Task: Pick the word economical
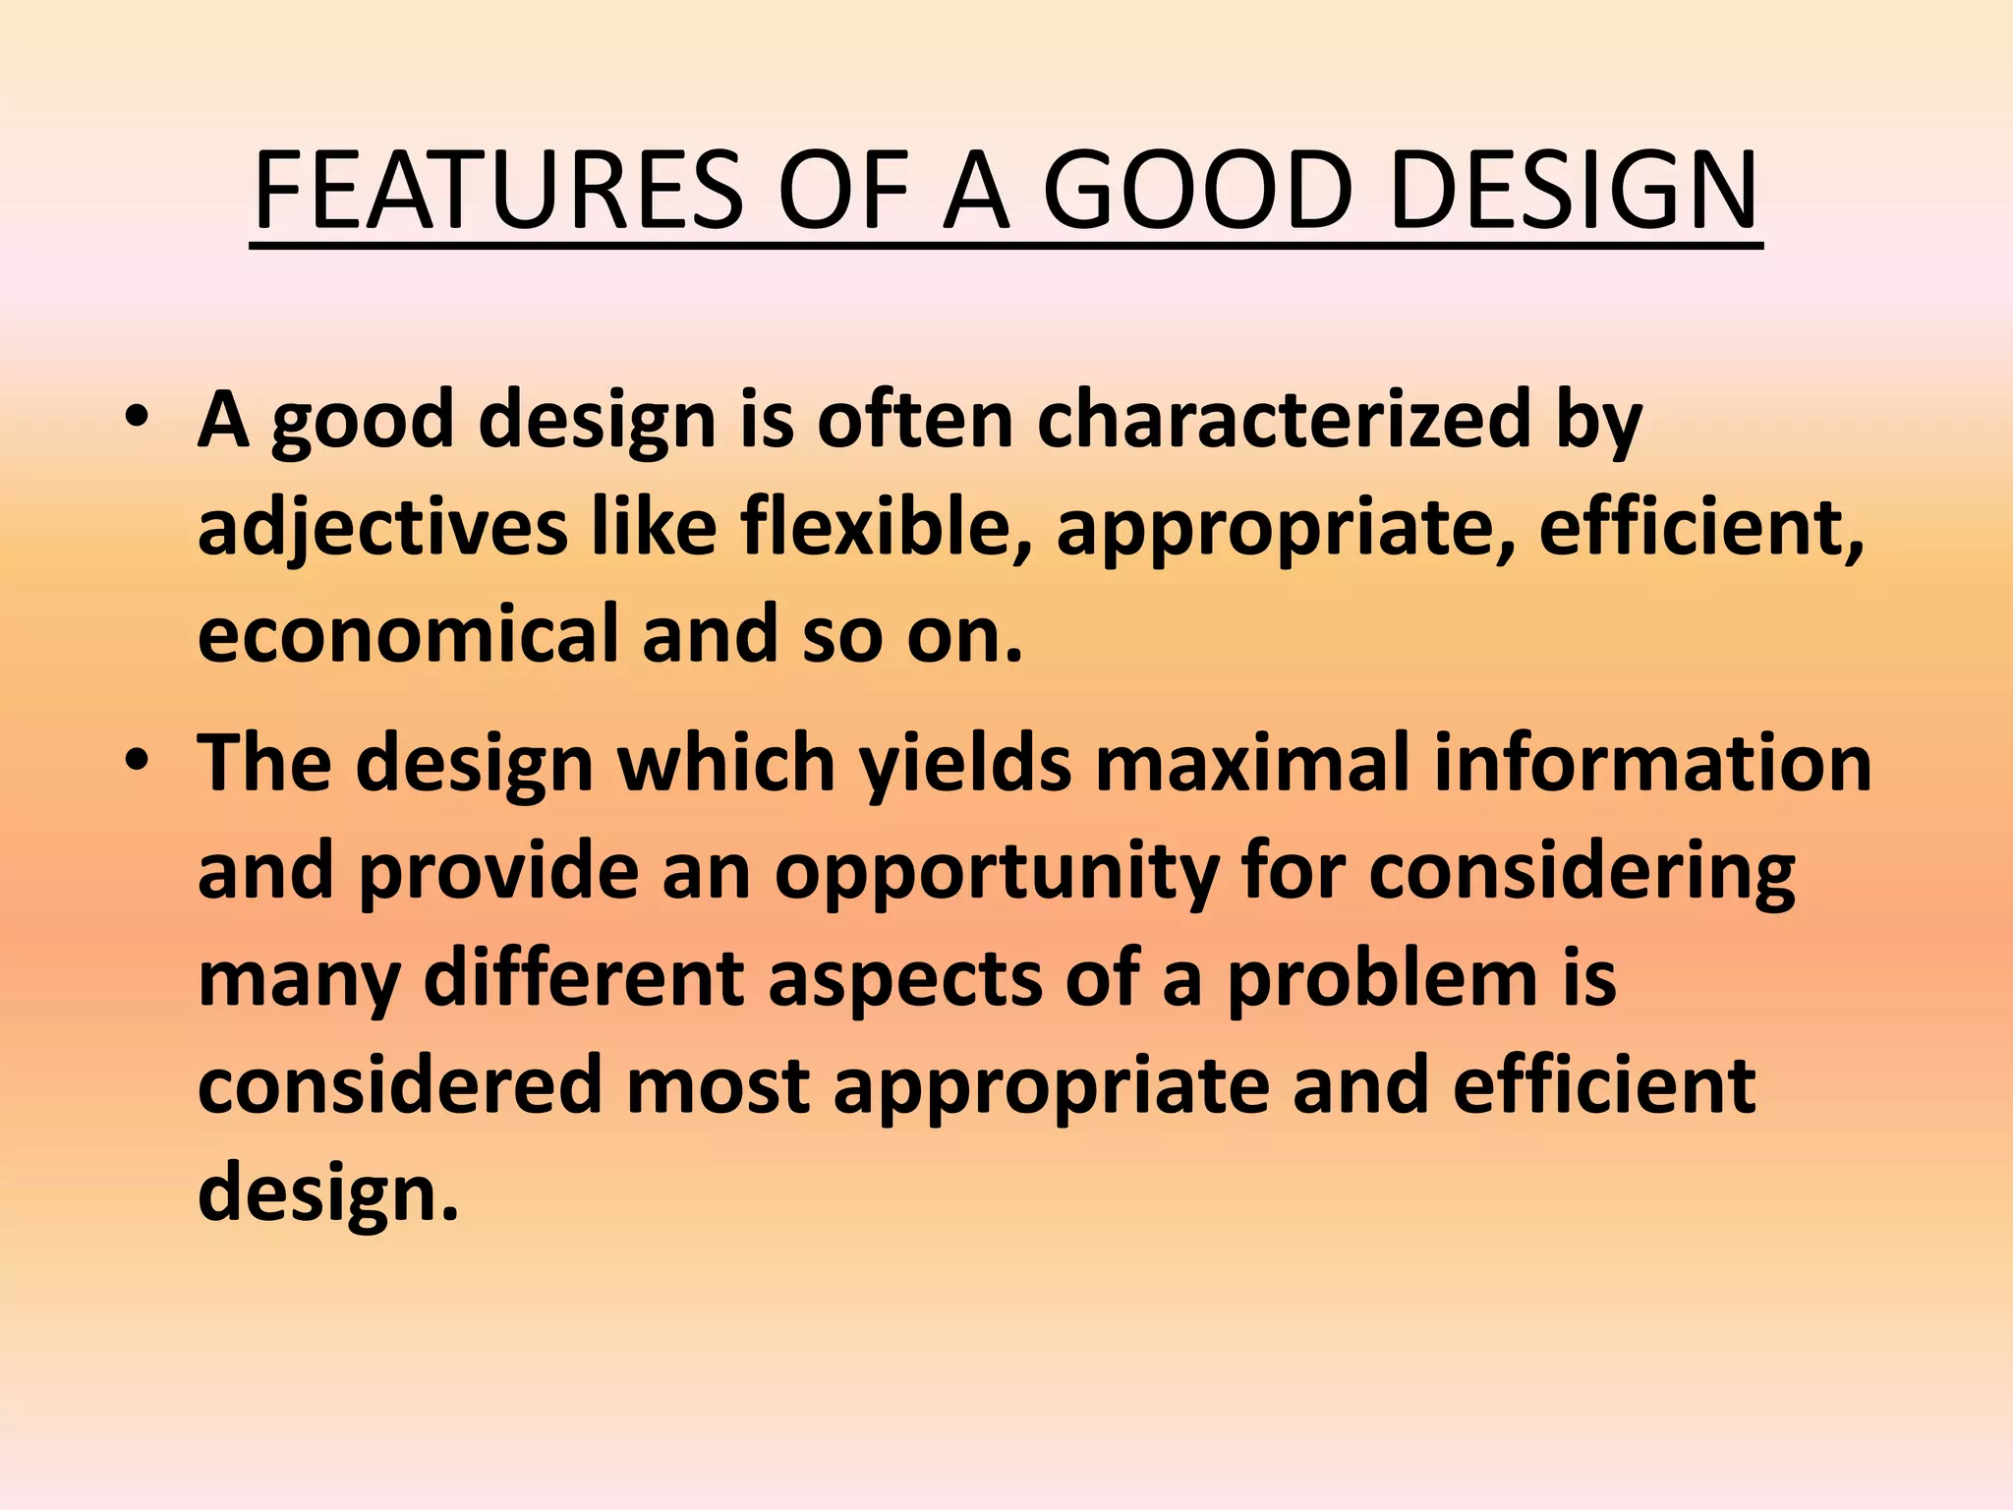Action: [x=407, y=634]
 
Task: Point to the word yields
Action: [x=965, y=765]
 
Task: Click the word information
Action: [x=1652, y=765]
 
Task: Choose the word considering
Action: [x=1582, y=873]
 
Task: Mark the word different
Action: [x=584, y=979]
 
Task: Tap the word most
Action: [x=718, y=1087]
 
